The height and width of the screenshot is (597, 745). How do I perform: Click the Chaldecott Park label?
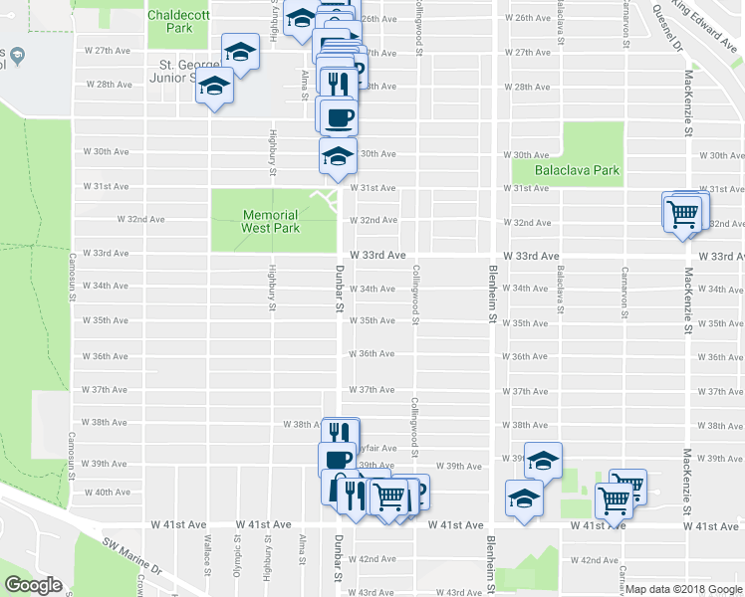click(x=170, y=22)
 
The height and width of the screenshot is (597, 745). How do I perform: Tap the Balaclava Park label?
click(x=578, y=170)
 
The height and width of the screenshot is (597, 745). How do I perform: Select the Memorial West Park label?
click(x=270, y=221)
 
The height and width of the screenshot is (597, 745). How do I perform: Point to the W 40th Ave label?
click(x=107, y=493)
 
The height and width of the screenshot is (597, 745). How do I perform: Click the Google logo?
click(x=33, y=585)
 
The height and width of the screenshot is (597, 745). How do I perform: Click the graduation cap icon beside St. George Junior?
click(x=213, y=88)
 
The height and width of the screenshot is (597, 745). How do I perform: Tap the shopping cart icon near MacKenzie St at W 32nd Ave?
click(x=682, y=213)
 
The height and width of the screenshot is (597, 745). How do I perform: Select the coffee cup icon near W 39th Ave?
click(x=337, y=461)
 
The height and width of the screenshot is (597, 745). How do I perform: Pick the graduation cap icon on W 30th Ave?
click(x=338, y=155)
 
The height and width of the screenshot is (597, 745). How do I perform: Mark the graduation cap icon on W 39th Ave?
click(x=543, y=461)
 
